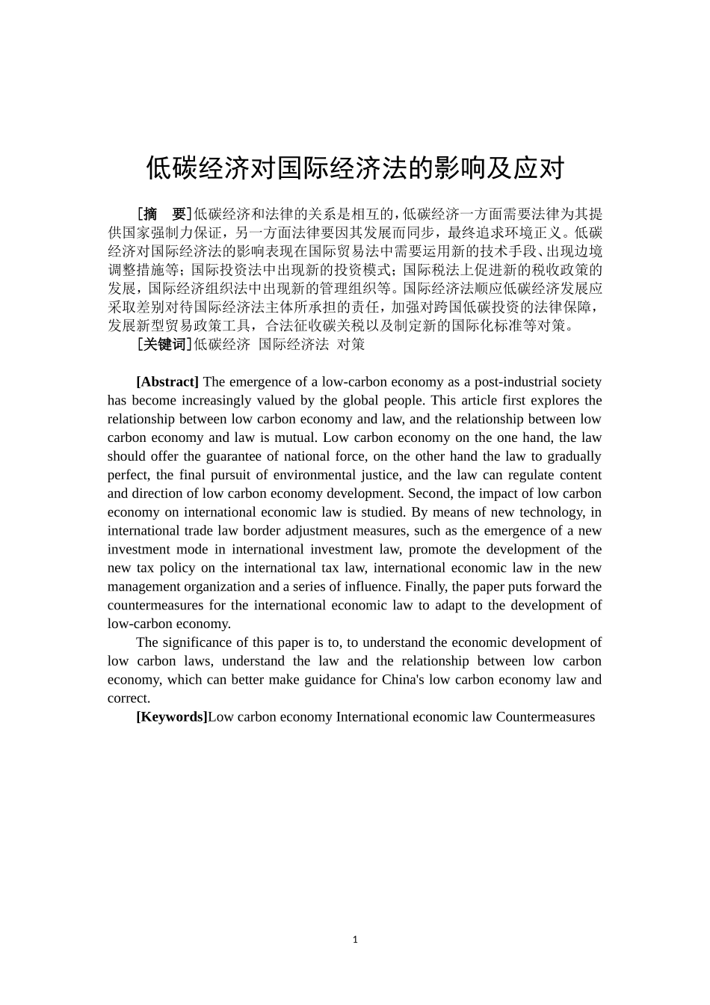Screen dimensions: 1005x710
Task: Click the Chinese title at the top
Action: click(355, 168)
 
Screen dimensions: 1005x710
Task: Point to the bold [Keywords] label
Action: click(171, 717)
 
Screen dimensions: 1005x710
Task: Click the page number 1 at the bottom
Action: click(355, 940)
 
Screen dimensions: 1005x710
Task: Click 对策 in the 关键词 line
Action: click(351, 344)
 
